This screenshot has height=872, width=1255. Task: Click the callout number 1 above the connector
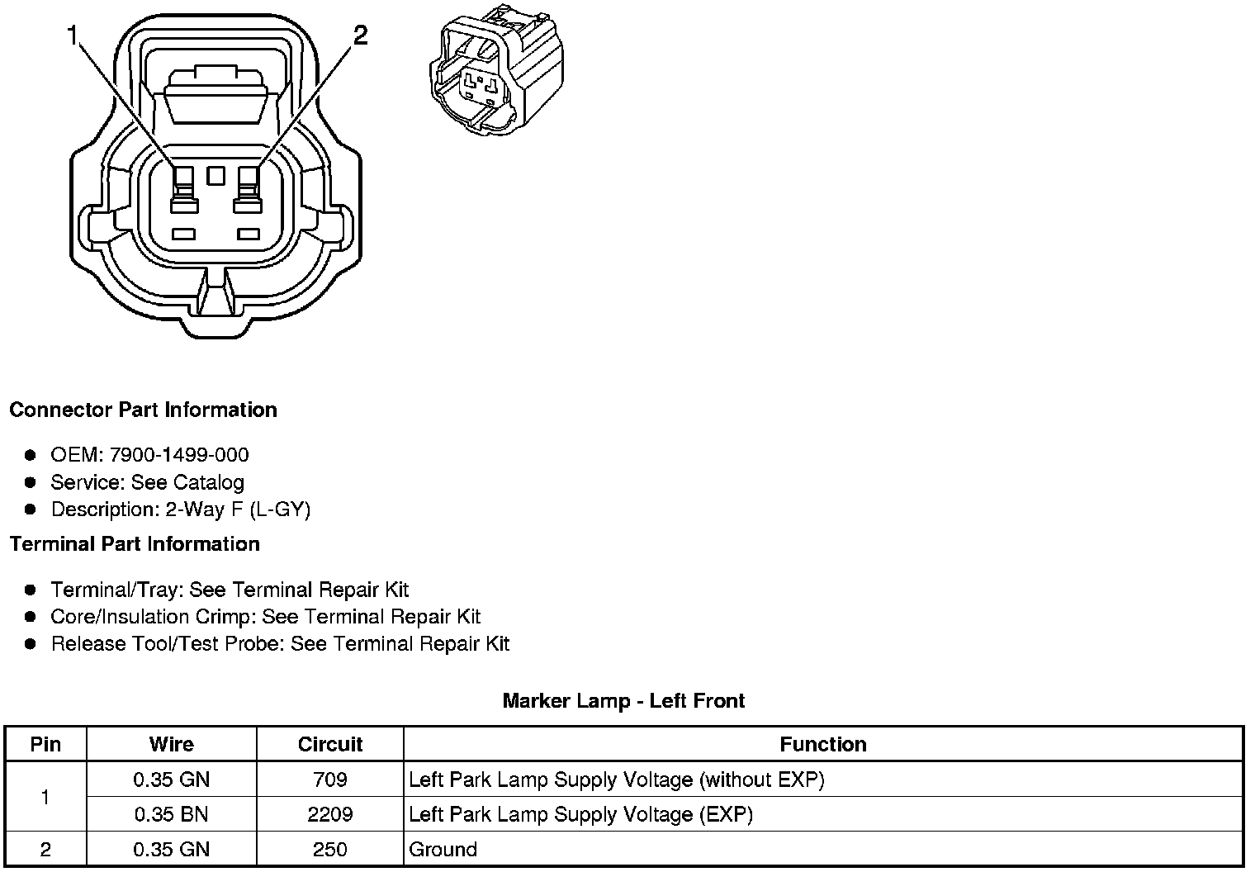(73, 36)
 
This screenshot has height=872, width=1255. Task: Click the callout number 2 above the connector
(360, 36)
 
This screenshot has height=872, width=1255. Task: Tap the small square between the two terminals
(216, 175)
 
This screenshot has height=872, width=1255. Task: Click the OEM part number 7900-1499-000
(179, 455)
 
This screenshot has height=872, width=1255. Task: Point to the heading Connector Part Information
(143, 410)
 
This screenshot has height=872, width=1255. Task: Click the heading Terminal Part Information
(135, 544)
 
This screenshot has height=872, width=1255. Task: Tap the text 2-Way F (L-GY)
(238, 509)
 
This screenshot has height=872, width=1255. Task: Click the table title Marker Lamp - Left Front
(623, 701)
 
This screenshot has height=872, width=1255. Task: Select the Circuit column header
(330, 744)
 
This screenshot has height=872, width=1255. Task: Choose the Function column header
(823, 744)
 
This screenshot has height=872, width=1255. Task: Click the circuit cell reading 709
(330, 780)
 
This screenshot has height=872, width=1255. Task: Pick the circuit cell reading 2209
(330, 814)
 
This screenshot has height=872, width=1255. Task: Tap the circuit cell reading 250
(330, 849)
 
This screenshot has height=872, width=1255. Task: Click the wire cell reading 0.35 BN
(172, 814)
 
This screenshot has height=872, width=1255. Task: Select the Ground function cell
(443, 849)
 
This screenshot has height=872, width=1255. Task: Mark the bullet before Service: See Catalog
(31, 482)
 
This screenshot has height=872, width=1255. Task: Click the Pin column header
(45, 744)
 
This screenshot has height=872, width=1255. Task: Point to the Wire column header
(172, 744)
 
